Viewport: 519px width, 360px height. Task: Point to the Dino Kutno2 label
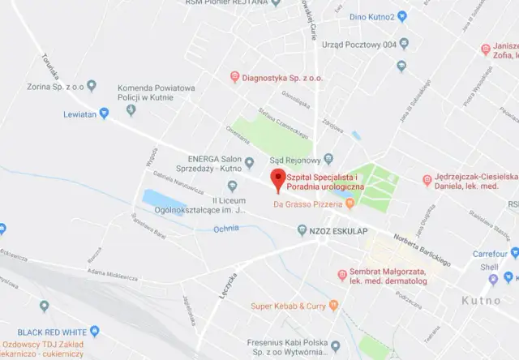[x=373, y=16]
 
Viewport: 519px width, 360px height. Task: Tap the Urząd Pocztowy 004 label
[x=359, y=45]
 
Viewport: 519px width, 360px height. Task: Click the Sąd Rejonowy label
[x=297, y=159]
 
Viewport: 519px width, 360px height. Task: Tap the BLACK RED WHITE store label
[x=52, y=332]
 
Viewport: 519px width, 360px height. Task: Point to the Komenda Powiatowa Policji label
[x=157, y=93]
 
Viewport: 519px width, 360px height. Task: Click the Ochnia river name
[x=225, y=229]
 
